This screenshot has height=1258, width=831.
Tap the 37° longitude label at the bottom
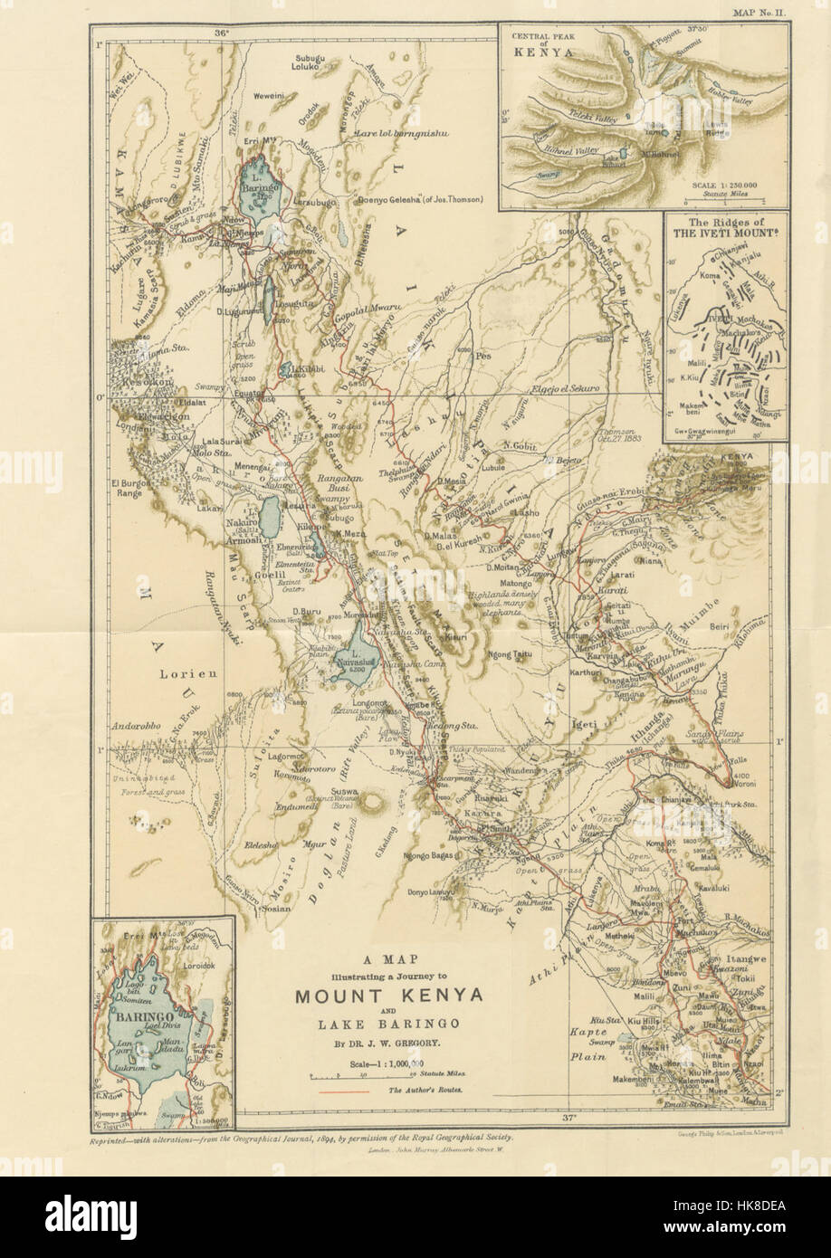click(568, 1119)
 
